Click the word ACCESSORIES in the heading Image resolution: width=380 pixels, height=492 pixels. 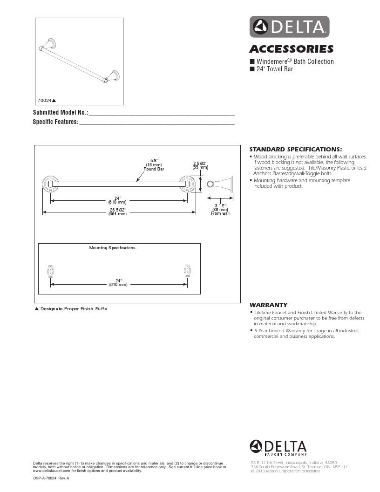pos(291,49)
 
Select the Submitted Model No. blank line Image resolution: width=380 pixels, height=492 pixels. pos(161,113)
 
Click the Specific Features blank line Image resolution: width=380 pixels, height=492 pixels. pos(156,123)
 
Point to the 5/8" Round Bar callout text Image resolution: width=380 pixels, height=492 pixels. pos(154,165)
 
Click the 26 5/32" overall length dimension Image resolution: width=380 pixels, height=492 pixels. pos(118,212)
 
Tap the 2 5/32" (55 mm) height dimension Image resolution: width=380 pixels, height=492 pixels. pos(201,165)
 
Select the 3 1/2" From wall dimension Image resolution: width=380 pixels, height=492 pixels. pos(220,209)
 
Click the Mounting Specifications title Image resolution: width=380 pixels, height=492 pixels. pos(112,248)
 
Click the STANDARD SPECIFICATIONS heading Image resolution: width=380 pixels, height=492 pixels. pos(296,149)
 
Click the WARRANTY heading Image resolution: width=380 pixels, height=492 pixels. pos(269,305)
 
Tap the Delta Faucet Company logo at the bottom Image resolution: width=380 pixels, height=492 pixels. pos(278,447)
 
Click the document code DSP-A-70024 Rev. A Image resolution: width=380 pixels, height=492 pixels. pos(51,478)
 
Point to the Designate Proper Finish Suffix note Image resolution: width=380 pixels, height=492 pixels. pos(72,309)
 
